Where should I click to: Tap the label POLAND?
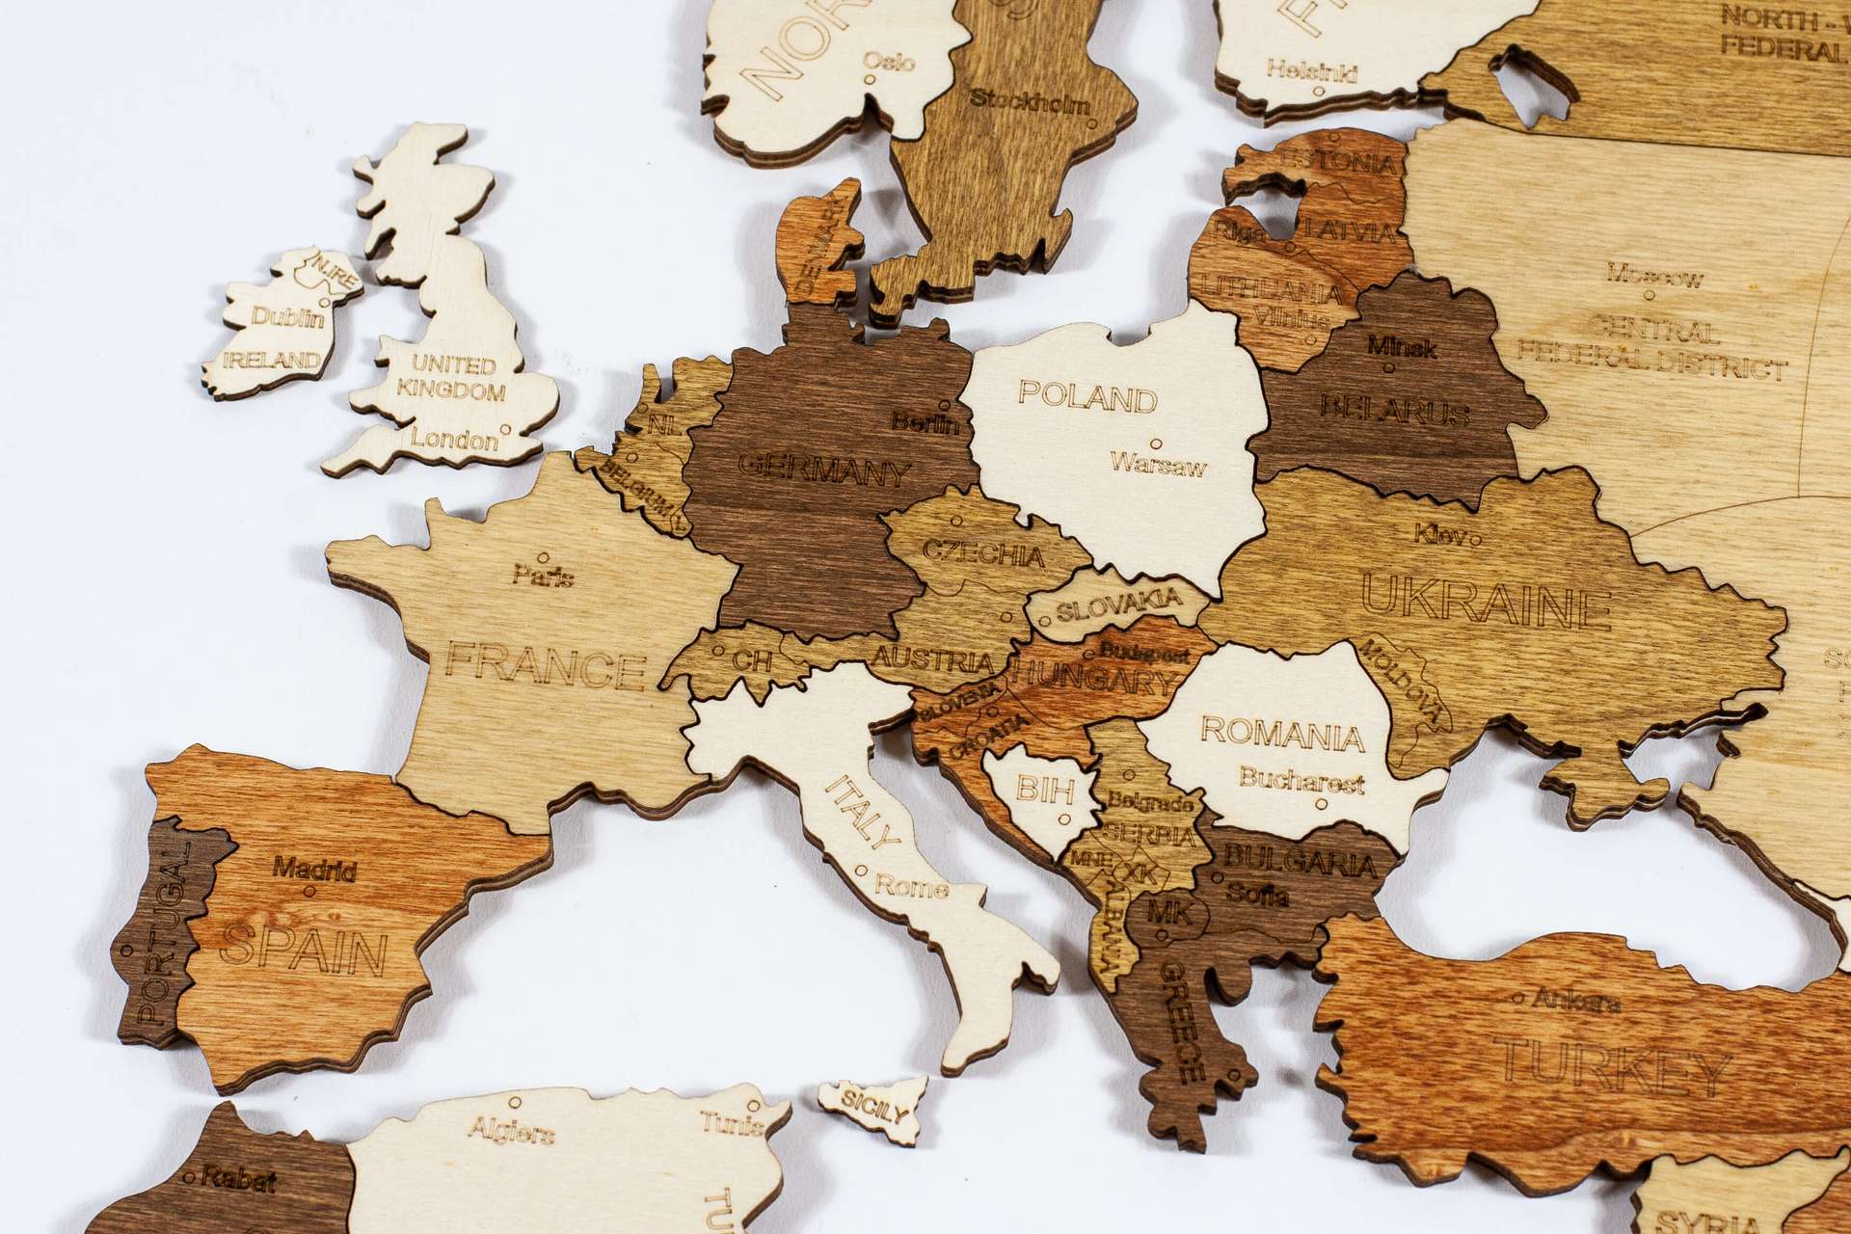[x=1086, y=397]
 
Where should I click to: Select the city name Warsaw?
[x=1158, y=467]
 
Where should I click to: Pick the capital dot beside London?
[x=505, y=430]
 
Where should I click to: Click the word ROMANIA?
[x=1282, y=735]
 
